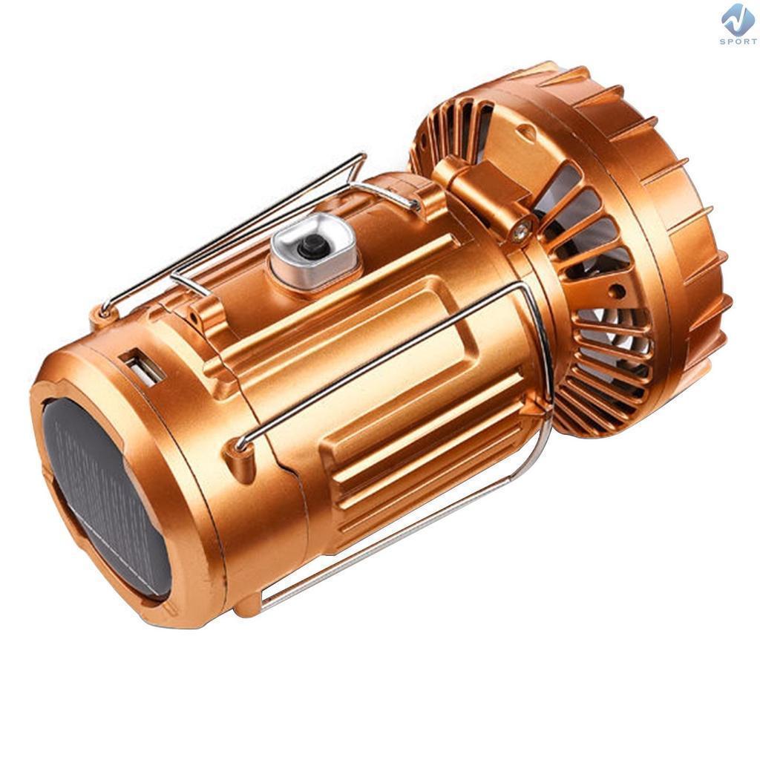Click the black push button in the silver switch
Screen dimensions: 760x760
tap(309, 246)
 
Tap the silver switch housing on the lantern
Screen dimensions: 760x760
tap(312, 251)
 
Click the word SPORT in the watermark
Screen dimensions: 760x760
tap(738, 42)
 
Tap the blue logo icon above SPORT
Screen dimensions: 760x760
tap(738, 19)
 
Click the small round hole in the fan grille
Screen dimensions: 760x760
tap(617, 291)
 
